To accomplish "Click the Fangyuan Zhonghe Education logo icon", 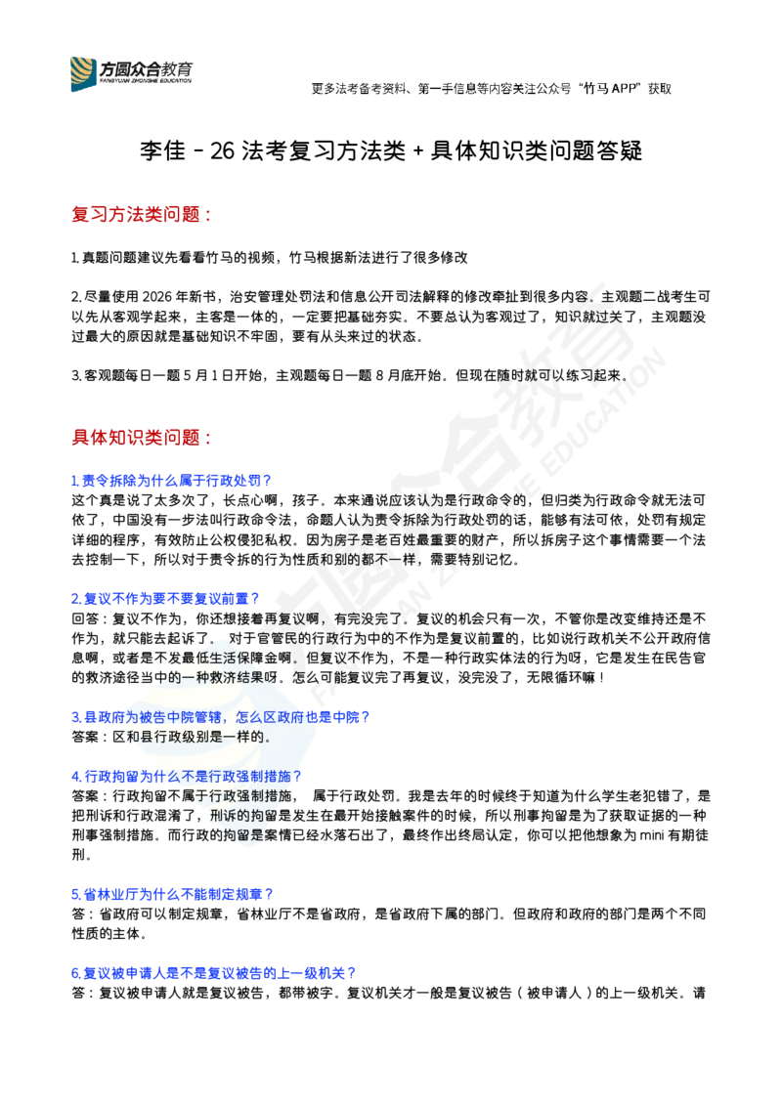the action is tap(83, 74).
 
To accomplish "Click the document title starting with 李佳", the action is tap(391, 150).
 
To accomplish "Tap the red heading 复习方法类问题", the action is tap(142, 214).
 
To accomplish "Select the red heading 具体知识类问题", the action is tap(142, 438).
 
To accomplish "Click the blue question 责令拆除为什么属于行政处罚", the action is tap(171, 481).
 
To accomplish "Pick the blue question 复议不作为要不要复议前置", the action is tap(166, 599).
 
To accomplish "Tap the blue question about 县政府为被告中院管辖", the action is tap(221, 717).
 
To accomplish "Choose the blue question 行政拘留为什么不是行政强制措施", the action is tap(187, 777).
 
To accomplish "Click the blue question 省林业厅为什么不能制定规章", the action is tap(172, 894).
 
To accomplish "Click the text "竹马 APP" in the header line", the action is tap(612, 89).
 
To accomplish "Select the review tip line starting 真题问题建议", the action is tap(270, 258).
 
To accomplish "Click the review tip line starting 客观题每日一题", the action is tap(350, 376).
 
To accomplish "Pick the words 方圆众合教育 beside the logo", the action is tap(146, 69).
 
